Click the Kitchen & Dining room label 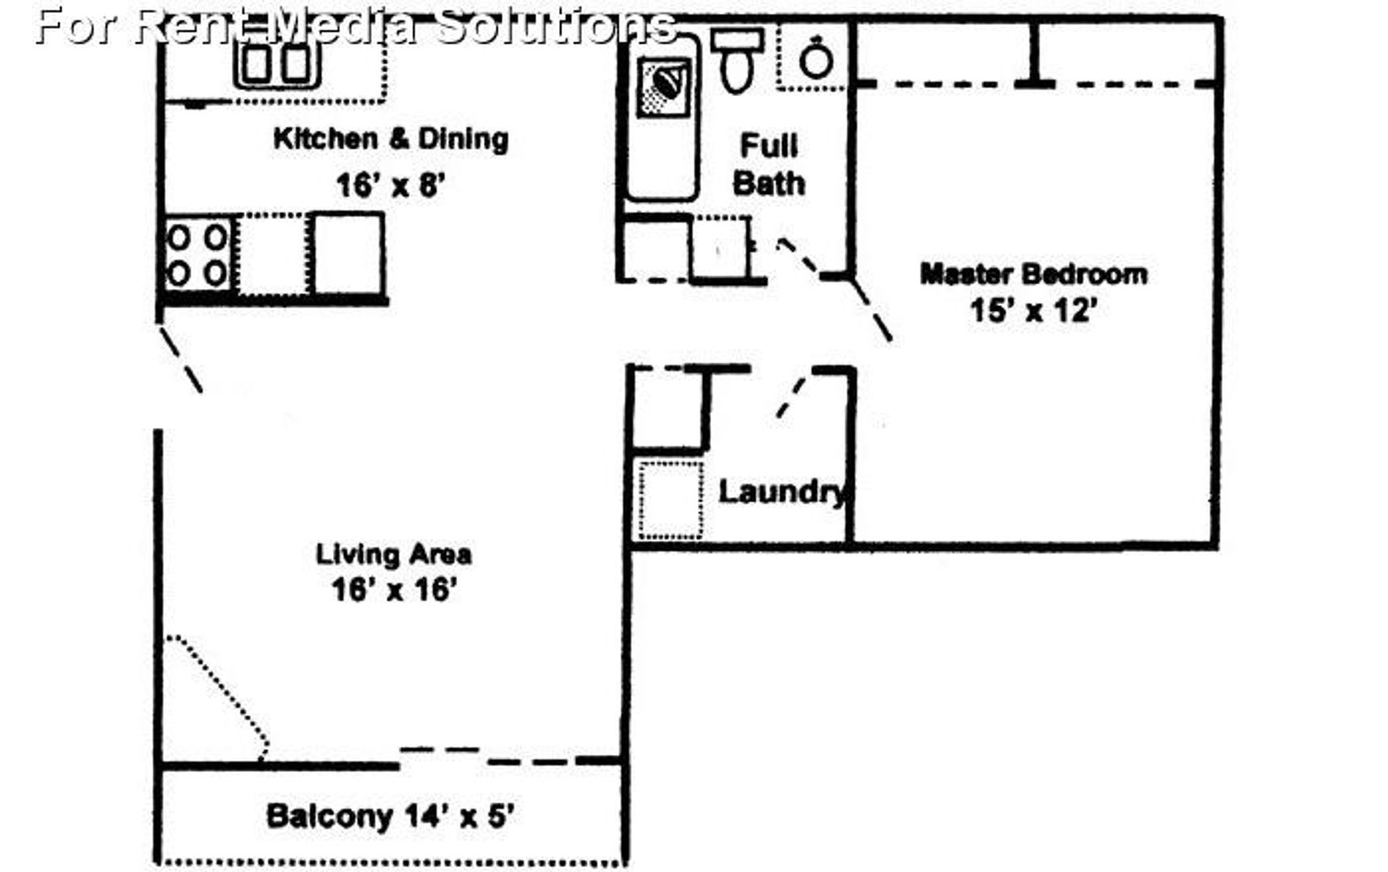pyautogui.click(x=391, y=139)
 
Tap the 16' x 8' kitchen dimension pyautogui.click(x=391, y=186)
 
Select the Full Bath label pyautogui.click(x=768, y=165)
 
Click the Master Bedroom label pyautogui.click(x=1033, y=274)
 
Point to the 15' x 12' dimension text pyautogui.click(x=1033, y=310)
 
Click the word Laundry pyautogui.click(x=783, y=492)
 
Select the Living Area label pyautogui.click(x=393, y=554)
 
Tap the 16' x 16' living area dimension pyautogui.click(x=394, y=589)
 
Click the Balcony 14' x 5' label pyautogui.click(x=390, y=816)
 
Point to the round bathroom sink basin pyautogui.click(x=816, y=59)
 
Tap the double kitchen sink pyautogui.click(x=277, y=64)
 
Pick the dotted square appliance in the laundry pyautogui.click(x=671, y=500)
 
